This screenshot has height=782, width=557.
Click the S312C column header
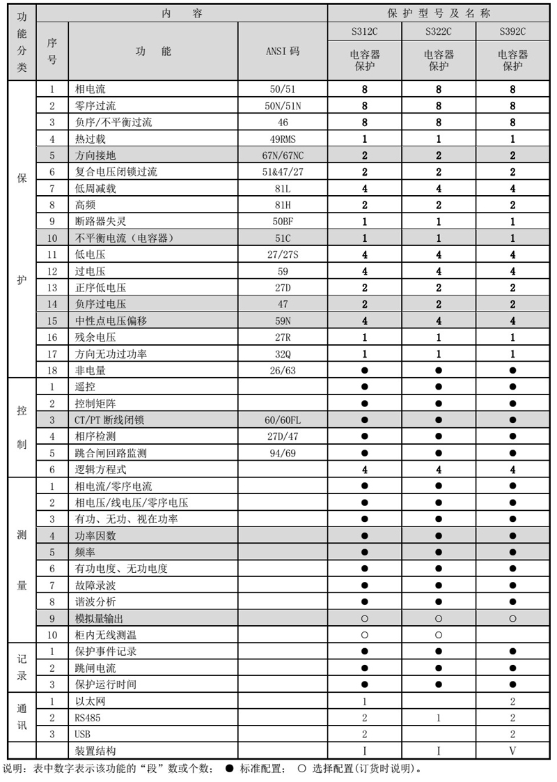(x=365, y=31)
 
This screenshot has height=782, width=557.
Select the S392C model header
(x=512, y=31)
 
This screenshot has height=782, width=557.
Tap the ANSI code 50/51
(x=283, y=90)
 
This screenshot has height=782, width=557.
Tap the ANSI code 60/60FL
(x=283, y=420)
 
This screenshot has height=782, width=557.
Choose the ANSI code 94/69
(x=283, y=453)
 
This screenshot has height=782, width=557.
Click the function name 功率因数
(x=92, y=536)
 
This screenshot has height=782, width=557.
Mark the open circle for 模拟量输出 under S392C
(x=512, y=618)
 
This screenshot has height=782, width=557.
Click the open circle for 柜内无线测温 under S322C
(x=439, y=635)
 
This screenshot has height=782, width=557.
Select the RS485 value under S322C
(x=439, y=717)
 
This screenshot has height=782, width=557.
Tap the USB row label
(x=82, y=734)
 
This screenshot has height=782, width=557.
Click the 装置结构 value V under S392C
(x=512, y=751)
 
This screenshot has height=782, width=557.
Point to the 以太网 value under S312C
(x=365, y=701)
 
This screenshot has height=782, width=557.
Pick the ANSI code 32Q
(x=283, y=354)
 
